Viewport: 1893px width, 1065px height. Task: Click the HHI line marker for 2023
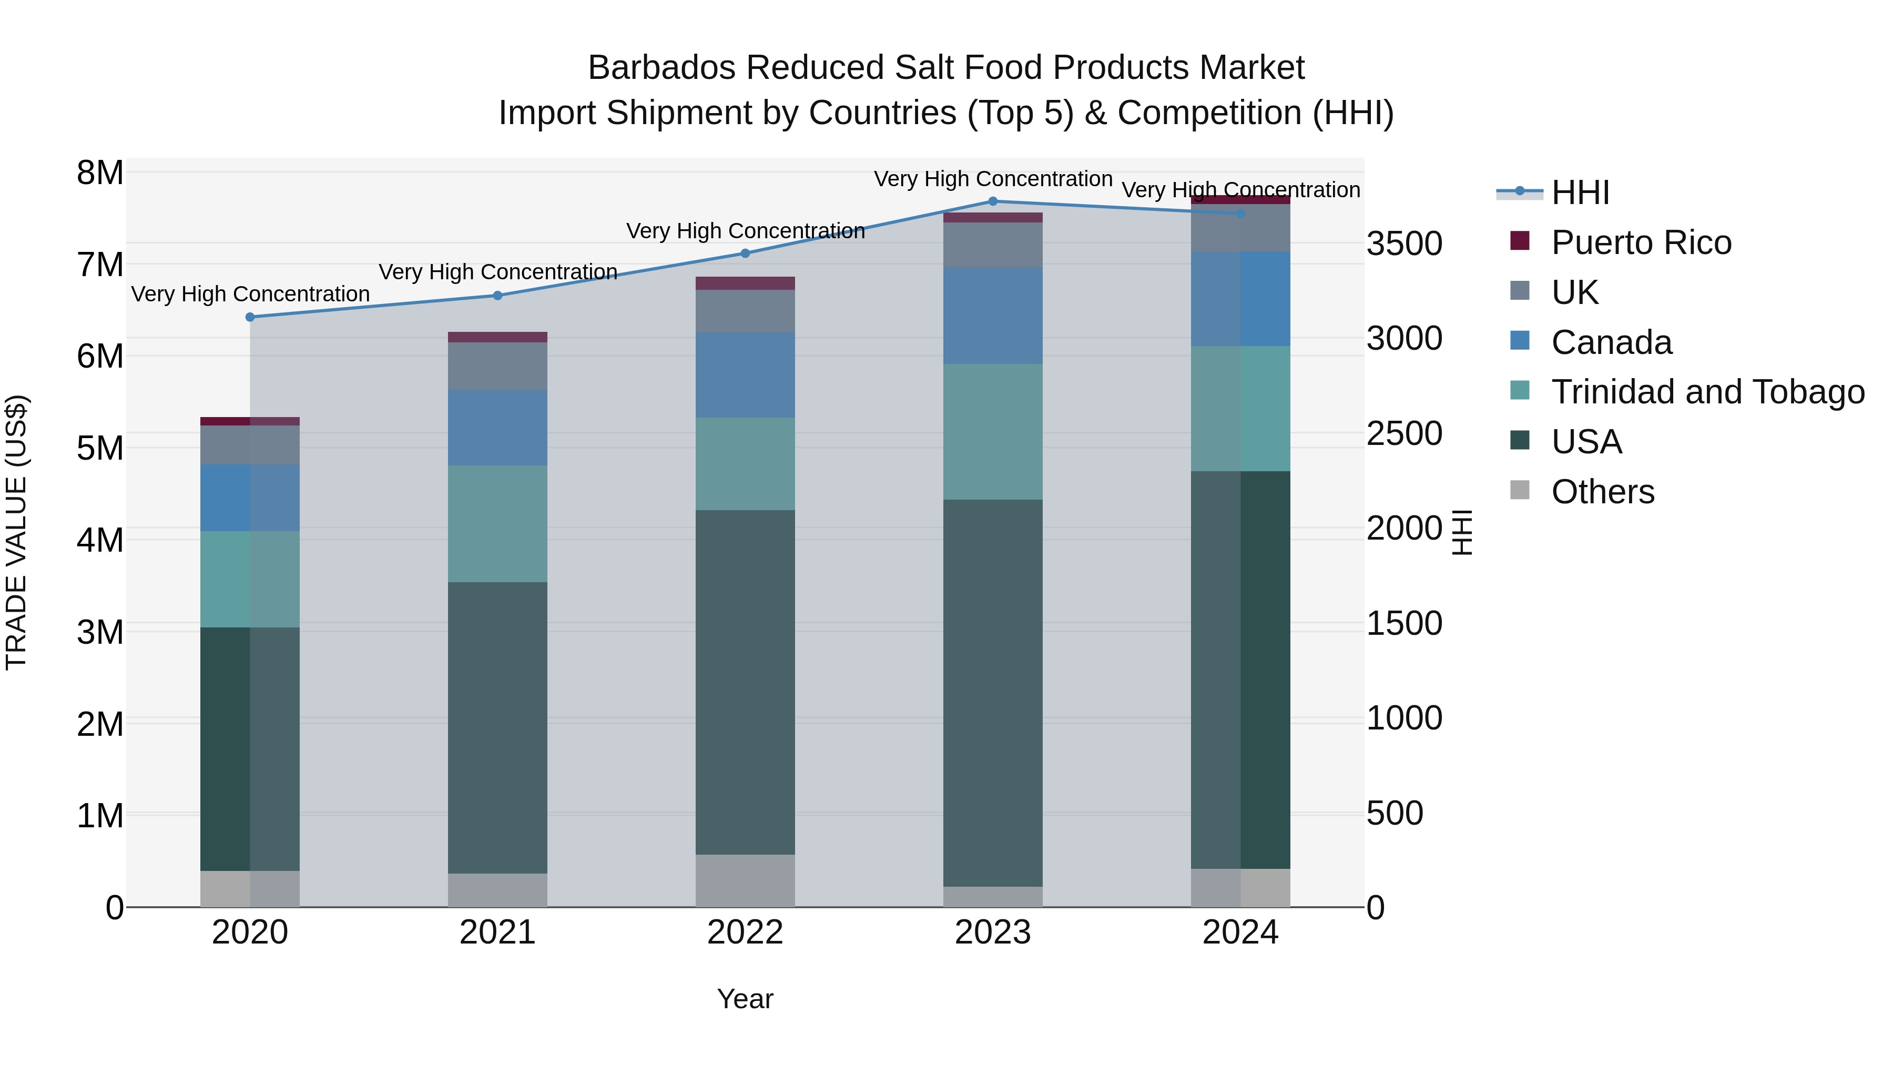coord(993,201)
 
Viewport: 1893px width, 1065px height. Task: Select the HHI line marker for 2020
coord(250,317)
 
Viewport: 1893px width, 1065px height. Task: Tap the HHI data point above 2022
coord(745,253)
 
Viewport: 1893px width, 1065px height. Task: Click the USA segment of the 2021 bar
coord(497,728)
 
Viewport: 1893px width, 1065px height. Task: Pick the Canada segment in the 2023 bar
coord(993,316)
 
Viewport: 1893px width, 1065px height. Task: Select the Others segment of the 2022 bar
coord(745,880)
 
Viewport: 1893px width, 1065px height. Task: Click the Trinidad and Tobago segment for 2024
coord(1240,409)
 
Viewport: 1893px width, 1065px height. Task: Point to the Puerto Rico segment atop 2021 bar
coord(497,337)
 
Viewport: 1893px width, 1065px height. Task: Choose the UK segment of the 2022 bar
coord(745,311)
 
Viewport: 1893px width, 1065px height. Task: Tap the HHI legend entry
coord(1580,192)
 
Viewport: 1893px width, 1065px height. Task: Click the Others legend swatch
coord(1520,490)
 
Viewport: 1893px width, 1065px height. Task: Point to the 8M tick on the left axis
coord(100,174)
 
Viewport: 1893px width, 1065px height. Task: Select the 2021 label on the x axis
coord(497,932)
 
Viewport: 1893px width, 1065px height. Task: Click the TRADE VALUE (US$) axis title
coord(16,532)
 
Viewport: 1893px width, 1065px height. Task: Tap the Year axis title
coord(745,999)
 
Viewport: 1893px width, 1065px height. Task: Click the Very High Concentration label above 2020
coord(250,294)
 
